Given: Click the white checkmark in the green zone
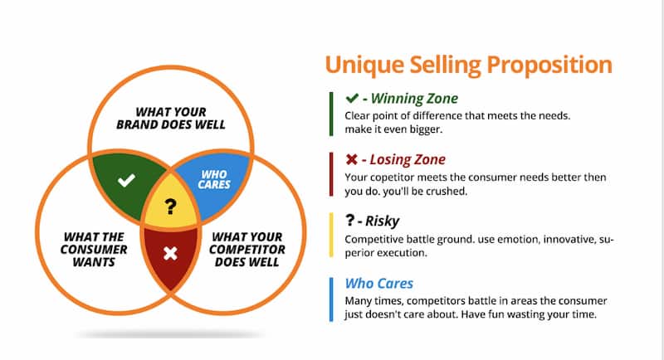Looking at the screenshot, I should (x=125, y=180).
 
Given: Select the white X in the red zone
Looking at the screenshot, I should (x=170, y=253).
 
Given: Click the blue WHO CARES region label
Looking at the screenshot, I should (x=215, y=179).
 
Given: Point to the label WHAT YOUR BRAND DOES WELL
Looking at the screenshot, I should (x=170, y=118).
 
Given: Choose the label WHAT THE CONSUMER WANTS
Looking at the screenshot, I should (x=93, y=250).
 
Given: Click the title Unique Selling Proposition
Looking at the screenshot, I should (x=468, y=65).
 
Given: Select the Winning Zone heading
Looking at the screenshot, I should (x=403, y=98).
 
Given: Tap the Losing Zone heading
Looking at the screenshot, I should (x=400, y=159).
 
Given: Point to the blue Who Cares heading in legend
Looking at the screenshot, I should (x=378, y=284).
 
